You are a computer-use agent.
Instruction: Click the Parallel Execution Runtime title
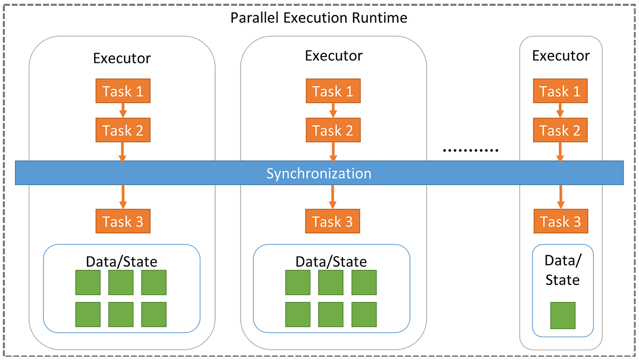pyautogui.click(x=318, y=18)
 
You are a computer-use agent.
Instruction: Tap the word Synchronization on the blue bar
pyautogui.click(x=318, y=174)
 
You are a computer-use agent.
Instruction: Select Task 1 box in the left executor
pyautogui.click(x=123, y=92)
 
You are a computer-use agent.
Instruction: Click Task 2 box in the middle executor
pyautogui.click(x=333, y=130)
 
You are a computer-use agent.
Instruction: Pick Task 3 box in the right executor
pyautogui.click(x=561, y=222)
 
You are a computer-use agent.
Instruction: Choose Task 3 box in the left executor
pyautogui.click(x=123, y=222)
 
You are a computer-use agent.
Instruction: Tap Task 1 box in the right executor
pyautogui.click(x=561, y=92)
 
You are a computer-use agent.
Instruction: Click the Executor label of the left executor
pyautogui.click(x=122, y=58)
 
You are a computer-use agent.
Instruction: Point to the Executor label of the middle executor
pyautogui.click(x=333, y=55)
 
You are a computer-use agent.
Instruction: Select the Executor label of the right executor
pyautogui.click(x=561, y=56)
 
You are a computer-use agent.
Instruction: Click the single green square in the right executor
pyautogui.click(x=562, y=315)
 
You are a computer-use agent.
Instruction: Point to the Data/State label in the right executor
pyautogui.click(x=562, y=270)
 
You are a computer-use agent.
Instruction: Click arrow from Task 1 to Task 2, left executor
pyautogui.click(x=123, y=111)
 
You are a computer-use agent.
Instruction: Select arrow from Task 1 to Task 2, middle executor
pyautogui.click(x=333, y=111)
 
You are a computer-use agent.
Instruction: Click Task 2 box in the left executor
pyautogui.click(x=123, y=130)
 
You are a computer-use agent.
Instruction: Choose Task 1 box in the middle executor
pyautogui.click(x=333, y=92)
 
